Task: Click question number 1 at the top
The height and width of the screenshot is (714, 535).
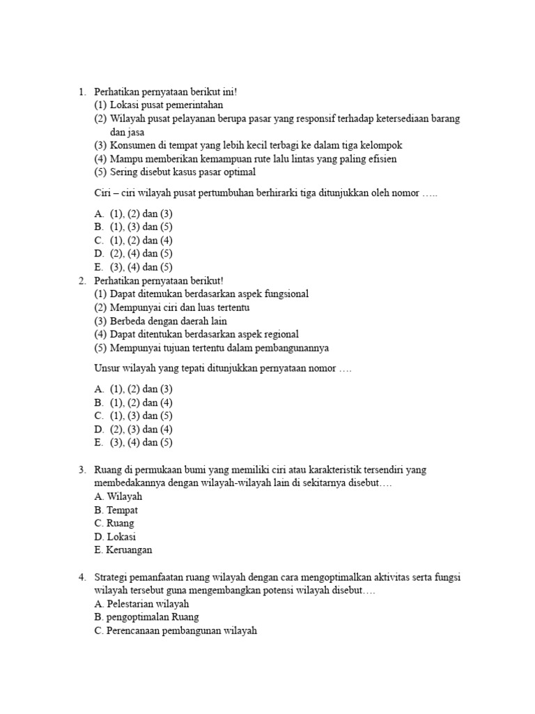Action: pos(82,92)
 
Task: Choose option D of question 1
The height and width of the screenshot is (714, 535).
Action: pos(133,253)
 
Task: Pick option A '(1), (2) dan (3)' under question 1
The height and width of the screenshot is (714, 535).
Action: pos(133,213)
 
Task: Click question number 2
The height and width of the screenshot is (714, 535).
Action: pos(82,280)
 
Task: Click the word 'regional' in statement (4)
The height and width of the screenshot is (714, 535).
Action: pos(279,334)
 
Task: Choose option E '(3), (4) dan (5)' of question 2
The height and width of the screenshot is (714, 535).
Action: pos(133,442)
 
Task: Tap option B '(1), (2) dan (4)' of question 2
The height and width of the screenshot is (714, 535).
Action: pos(133,402)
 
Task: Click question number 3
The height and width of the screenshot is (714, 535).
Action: pos(82,470)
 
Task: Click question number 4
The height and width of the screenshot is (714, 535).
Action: pos(82,577)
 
